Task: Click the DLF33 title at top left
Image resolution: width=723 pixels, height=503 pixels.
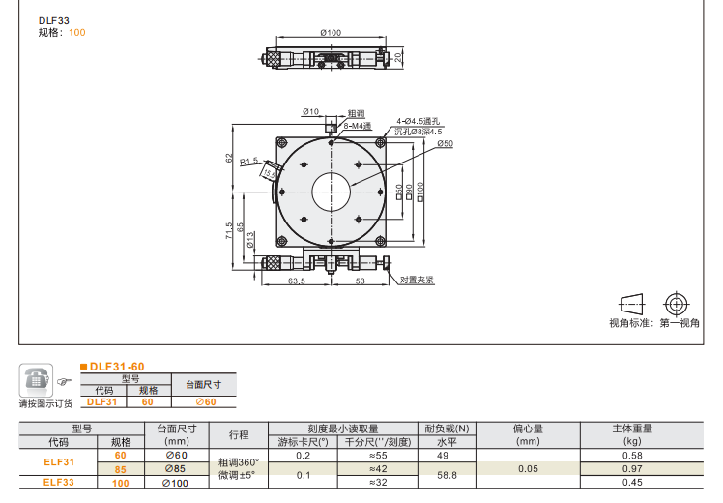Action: [53, 19]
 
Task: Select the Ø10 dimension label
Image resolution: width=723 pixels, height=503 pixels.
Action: [310, 112]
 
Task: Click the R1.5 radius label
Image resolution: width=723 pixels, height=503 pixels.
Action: [249, 162]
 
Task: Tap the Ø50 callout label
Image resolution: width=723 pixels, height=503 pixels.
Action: [445, 143]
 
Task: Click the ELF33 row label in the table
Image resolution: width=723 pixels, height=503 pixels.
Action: [58, 482]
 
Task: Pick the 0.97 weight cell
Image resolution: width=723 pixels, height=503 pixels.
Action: [633, 468]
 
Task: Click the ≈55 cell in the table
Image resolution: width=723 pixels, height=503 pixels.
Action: [378, 455]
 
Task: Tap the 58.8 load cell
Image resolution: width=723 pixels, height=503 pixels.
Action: [448, 475]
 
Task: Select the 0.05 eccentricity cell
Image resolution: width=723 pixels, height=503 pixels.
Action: [528, 468]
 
